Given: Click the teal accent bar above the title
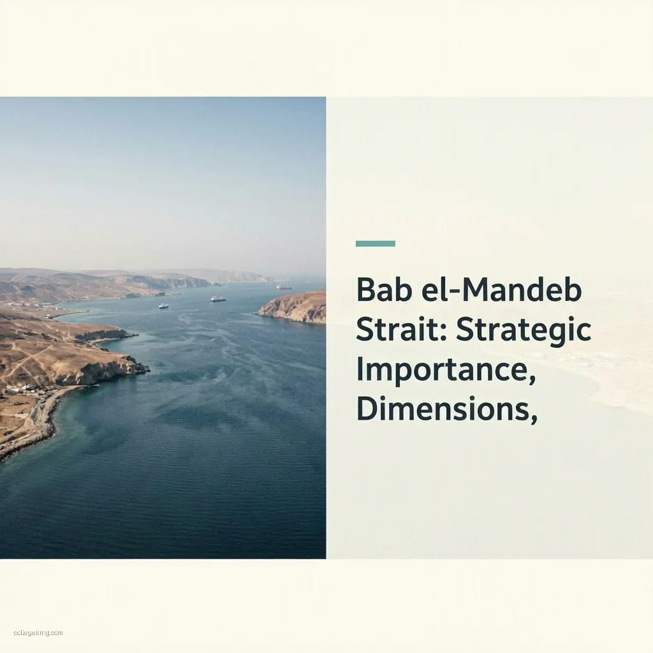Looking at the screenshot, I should tap(375, 243).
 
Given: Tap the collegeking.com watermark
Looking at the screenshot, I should tap(38, 633).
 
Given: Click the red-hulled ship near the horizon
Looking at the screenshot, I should tap(284, 287).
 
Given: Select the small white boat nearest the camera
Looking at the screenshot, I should tap(163, 306).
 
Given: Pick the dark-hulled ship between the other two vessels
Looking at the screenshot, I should tap(218, 298).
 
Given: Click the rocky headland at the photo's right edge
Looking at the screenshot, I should tap(297, 307).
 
